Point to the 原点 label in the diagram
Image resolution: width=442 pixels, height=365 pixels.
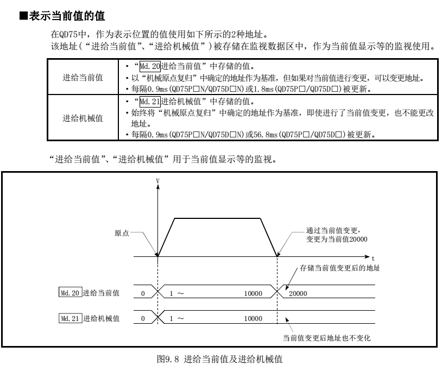pyautogui.click(x=122, y=232)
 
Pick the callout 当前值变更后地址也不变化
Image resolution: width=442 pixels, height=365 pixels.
pyautogui.click(x=326, y=337)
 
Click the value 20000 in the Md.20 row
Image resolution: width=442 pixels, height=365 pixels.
pyautogui.click(x=297, y=293)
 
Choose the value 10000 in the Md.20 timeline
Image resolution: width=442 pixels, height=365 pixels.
pyautogui.click(x=253, y=293)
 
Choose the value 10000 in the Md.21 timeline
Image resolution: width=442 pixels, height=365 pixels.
pyautogui.click(x=253, y=318)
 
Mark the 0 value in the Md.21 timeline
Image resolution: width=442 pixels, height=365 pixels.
pyautogui.click(x=142, y=318)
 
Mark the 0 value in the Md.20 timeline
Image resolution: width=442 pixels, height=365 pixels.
pyautogui.click(x=142, y=293)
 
